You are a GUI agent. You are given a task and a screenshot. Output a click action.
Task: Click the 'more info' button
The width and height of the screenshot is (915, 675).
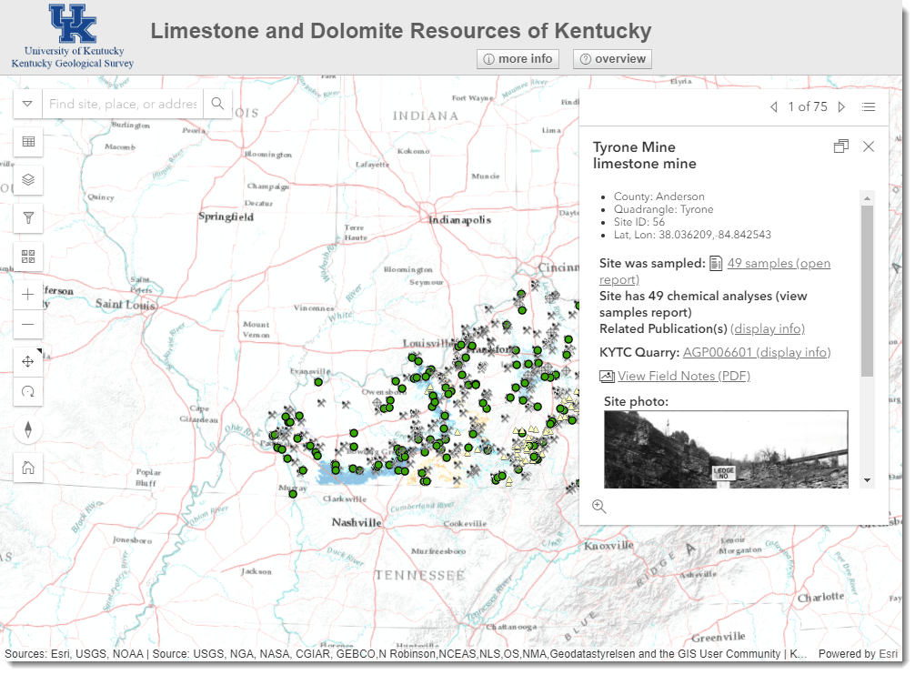[518, 59]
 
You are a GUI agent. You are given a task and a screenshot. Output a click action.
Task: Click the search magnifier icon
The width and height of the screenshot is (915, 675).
[217, 104]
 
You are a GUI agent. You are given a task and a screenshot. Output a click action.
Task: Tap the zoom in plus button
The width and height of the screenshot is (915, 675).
[28, 295]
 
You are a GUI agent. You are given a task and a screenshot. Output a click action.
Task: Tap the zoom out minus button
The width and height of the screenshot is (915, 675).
[28, 324]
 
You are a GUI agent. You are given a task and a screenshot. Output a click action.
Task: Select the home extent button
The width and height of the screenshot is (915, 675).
[28, 468]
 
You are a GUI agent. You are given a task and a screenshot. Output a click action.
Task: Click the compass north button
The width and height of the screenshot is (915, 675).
[28, 429]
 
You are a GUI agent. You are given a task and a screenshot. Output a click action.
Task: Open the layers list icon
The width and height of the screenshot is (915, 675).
[28, 180]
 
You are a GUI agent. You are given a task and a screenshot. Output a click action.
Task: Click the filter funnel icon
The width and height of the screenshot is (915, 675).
[28, 217]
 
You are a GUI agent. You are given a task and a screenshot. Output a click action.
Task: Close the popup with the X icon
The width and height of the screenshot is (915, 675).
[869, 146]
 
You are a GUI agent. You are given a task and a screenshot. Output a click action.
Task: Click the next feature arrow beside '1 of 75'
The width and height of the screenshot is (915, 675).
[841, 107]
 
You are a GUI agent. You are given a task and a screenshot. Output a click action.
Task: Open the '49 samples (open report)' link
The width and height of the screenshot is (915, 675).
[779, 264]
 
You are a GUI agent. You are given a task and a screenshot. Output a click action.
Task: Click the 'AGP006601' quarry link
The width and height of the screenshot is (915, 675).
[718, 353]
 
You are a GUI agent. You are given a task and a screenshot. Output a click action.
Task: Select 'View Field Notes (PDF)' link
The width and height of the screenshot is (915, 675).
[683, 377]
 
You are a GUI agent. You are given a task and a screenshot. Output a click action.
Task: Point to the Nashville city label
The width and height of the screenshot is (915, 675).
[356, 523]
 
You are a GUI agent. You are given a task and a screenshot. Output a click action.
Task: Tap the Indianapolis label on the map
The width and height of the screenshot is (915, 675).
[460, 220]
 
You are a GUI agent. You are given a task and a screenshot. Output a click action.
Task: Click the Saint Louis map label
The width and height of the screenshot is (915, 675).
[126, 304]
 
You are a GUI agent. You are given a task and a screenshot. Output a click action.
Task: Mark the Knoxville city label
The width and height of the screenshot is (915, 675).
[609, 546]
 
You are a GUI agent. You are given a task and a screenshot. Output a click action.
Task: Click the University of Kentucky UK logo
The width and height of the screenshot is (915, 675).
[73, 25]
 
